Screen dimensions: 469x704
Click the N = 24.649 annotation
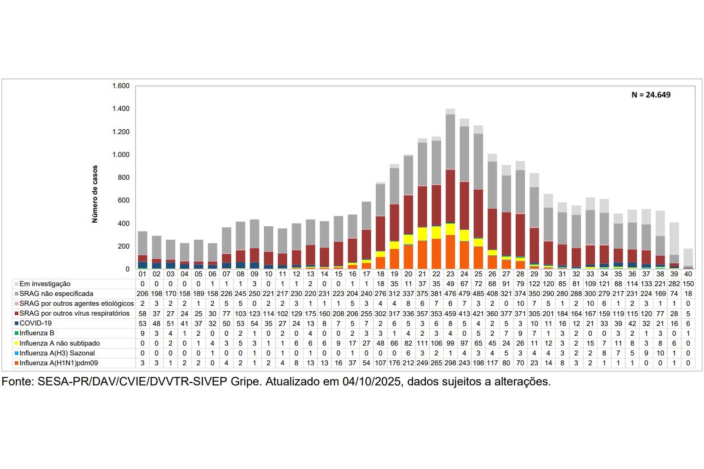651,95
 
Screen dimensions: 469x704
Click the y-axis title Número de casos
95,194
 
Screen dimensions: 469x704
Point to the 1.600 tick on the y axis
121,86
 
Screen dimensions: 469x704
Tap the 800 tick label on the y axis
123,177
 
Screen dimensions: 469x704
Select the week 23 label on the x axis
450,274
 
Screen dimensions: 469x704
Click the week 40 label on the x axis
688,274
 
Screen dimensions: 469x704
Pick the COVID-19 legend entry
35,323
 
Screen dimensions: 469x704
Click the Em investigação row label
45,284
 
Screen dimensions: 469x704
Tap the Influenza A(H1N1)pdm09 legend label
59,363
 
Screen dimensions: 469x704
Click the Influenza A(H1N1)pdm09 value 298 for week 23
450,363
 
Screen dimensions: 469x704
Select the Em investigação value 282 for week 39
674,284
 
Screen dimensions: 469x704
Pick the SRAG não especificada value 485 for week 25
478,294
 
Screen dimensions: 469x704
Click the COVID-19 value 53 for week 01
142,323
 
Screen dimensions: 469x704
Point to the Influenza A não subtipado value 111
422,343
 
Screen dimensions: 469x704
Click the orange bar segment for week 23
450,252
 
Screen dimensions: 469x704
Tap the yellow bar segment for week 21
422,234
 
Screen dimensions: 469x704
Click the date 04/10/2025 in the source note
372,382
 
